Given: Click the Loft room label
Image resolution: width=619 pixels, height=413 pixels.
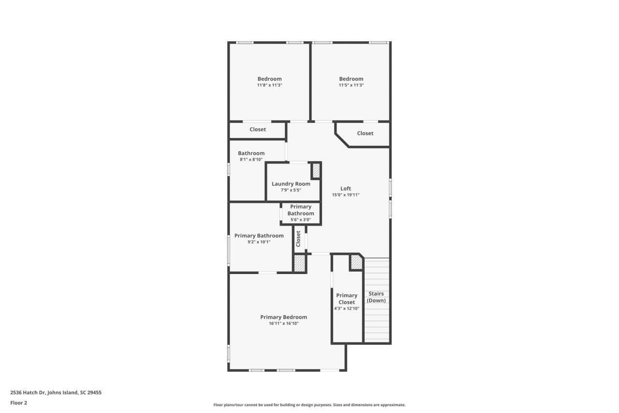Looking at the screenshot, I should click(x=345, y=189).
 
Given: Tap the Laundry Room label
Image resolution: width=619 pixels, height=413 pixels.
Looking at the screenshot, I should click(x=291, y=184).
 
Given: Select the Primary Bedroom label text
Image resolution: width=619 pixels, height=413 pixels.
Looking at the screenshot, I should click(x=283, y=317).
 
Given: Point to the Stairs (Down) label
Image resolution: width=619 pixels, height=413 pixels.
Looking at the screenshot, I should click(x=376, y=297).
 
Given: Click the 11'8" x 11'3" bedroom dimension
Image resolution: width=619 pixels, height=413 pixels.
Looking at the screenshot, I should click(x=269, y=85).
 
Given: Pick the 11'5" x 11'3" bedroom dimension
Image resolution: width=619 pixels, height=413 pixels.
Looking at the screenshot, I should click(x=351, y=85).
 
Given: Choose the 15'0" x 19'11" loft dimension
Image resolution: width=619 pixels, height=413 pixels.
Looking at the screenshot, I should click(x=345, y=195).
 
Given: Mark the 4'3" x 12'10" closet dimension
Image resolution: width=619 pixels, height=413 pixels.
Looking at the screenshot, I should click(x=347, y=308).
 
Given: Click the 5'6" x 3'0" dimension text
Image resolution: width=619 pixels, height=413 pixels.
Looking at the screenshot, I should click(x=300, y=220).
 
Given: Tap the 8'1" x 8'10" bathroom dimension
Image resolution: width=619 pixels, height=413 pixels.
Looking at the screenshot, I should click(x=251, y=159).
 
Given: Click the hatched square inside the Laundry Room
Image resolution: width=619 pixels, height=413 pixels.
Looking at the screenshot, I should click(x=316, y=171).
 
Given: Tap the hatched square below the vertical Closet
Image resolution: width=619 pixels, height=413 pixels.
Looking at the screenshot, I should click(x=300, y=263).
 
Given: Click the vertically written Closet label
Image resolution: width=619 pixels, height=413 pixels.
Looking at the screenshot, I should click(x=298, y=239).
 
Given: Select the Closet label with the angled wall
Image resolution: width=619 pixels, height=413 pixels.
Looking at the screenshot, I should click(x=365, y=134).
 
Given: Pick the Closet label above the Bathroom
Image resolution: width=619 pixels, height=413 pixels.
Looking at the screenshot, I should click(x=258, y=130).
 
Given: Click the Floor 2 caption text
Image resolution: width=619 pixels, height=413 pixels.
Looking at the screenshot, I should click(x=19, y=403).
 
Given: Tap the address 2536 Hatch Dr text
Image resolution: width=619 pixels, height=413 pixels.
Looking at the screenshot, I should click(x=56, y=393).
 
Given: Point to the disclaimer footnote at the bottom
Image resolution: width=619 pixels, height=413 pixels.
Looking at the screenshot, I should click(x=309, y=405).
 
